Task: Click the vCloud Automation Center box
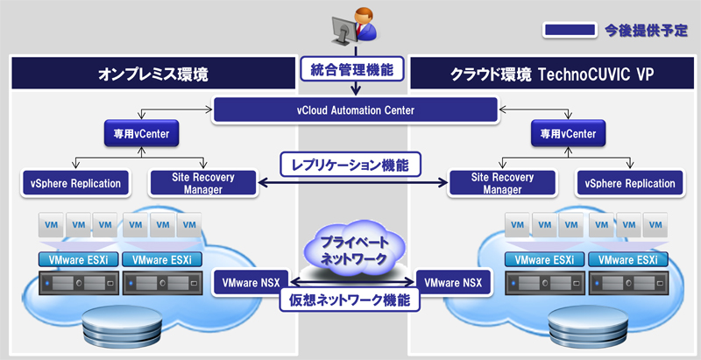point(356,110)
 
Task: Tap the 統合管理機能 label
point(352,68)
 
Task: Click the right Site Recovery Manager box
point(502,183)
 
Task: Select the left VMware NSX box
point(251,283)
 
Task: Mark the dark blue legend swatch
point(570,31)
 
